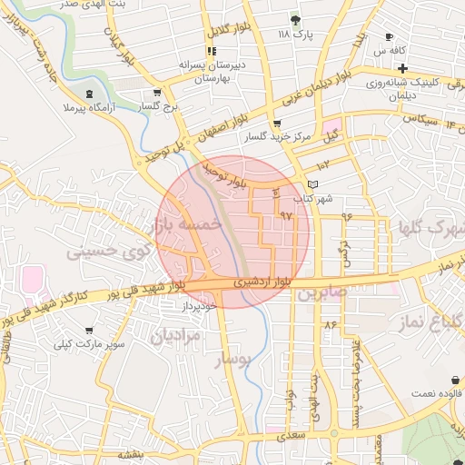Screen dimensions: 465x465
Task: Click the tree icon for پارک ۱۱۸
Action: click(294, 20)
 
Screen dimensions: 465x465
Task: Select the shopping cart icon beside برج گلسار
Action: click(157, 93)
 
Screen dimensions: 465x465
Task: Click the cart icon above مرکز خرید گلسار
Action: click(276, 124)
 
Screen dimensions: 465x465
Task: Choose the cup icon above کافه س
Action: click(390, 37)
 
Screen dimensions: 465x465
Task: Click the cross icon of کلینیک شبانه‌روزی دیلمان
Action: click(401, 70)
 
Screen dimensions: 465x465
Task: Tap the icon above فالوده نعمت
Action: click(452, 379)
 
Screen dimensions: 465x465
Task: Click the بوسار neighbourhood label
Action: click(230, 361)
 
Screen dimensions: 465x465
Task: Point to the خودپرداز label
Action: click(195, 307)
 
